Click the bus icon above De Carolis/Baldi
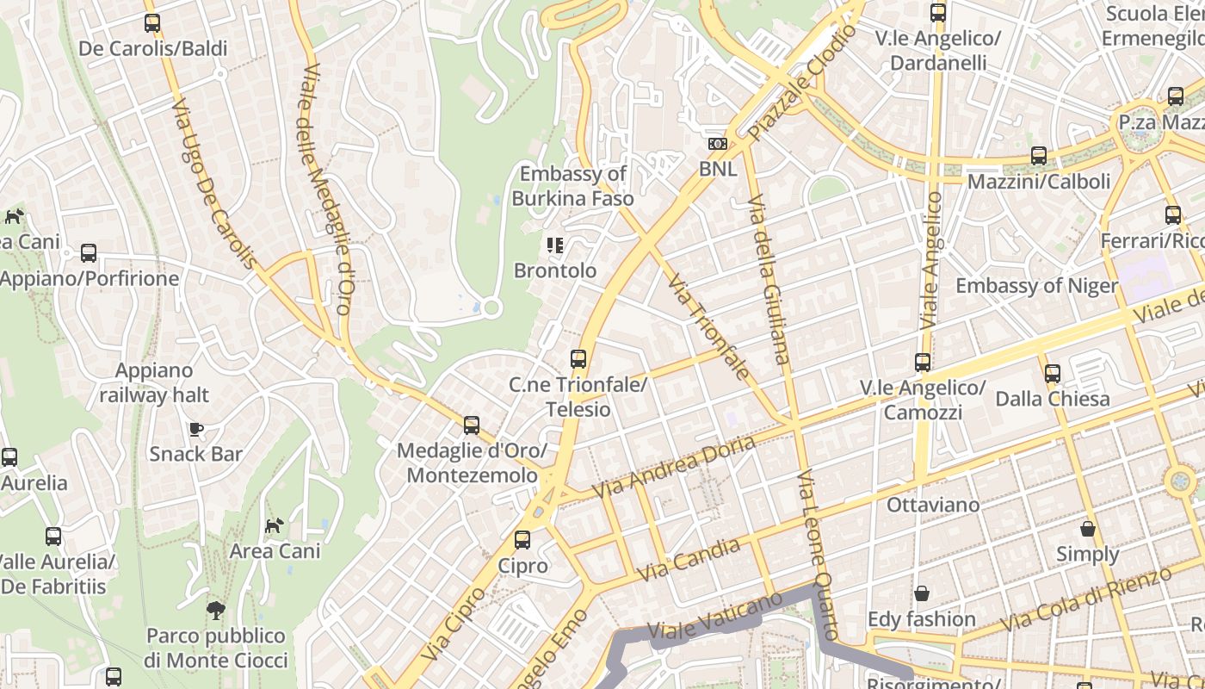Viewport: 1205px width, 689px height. click(x=152, y=23)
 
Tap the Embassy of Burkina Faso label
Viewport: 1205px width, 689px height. click(x=572, y=186)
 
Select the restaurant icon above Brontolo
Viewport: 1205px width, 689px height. click(x=555, y=245)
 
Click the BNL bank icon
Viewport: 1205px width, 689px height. click(x=717, y=144)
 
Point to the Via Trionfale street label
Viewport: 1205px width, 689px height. click(x=708, y=327)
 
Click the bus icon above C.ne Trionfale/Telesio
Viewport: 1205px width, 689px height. click(x=578, y=359)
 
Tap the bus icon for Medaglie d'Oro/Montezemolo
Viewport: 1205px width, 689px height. click(x=471, y=425)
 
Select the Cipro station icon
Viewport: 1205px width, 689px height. click(x=522, y=540)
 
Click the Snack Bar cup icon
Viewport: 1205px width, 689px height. click(x=196, y=428)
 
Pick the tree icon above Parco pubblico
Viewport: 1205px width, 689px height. click(x=216, y=611)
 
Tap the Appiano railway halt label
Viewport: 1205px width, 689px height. click(x=154, y=383)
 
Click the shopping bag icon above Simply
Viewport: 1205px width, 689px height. click(x=1088, y=528)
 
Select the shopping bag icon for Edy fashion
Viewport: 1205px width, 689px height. click(x=921, y=593)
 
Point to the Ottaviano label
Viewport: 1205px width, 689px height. click(x=933, y=505)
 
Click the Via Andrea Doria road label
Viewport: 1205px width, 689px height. click(x=674, y=468)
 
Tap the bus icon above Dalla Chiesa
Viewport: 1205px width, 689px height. click(x=1052, y=374)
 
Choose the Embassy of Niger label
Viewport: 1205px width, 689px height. click(x=1036, y=286)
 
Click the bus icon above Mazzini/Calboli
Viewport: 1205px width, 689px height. click(x=1039, y=156)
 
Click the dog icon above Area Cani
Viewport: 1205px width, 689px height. click(x=274, y=525)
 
